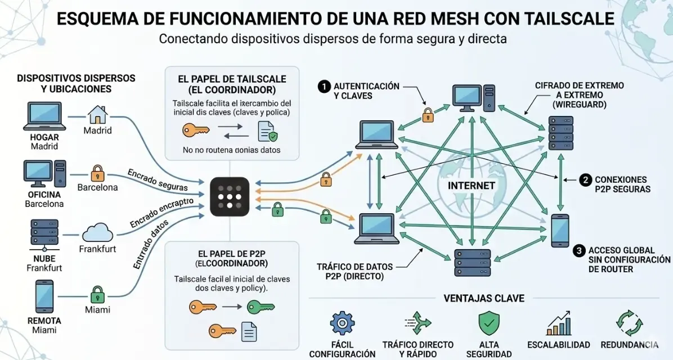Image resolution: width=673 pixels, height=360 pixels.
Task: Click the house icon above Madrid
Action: click(97, 114)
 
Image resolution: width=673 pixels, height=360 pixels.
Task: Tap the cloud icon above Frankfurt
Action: click(97, 232)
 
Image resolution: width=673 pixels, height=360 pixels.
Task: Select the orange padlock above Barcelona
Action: click(97, 172)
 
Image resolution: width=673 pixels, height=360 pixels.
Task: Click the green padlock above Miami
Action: click(97, 294)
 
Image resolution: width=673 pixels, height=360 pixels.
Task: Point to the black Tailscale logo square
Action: click(230, 197)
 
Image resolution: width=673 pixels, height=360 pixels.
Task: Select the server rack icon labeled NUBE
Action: click(44, 235)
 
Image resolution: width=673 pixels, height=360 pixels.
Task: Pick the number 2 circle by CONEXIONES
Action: click(585, 180)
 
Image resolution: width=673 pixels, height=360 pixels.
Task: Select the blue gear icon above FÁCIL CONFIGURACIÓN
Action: click(342, 323)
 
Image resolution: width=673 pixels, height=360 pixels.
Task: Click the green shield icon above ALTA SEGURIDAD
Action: click(488, 324)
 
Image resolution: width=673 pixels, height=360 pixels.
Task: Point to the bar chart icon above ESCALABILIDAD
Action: click(558, 324)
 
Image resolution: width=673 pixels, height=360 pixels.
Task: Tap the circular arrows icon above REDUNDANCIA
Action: click(629, 323)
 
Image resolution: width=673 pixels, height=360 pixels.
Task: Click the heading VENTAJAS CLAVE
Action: click(484, 298)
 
